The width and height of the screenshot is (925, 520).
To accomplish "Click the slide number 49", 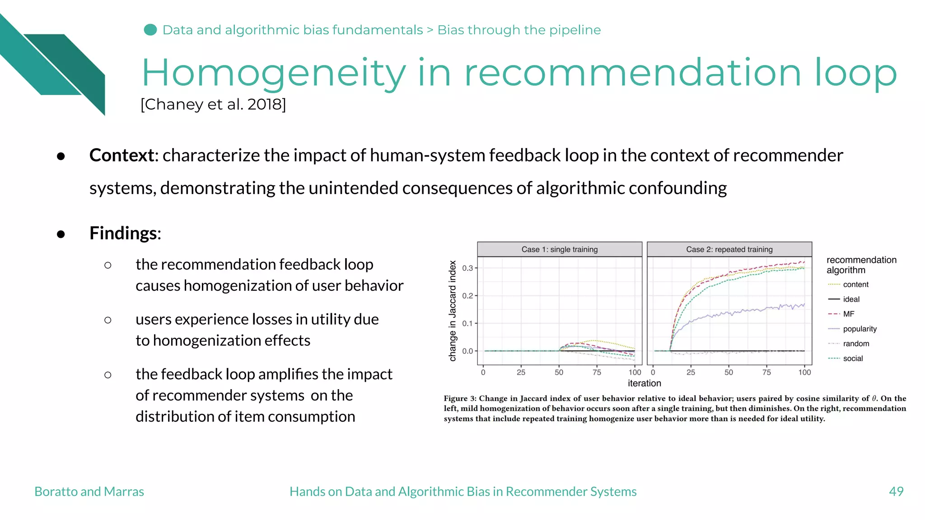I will click(896, 492).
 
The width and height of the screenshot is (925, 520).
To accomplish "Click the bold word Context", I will click(122, 155).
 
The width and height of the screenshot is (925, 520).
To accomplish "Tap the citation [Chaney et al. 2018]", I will click(213, 104).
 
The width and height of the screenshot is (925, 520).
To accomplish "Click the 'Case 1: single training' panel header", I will click(559, 250).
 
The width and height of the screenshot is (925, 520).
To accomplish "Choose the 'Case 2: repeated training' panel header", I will click(729, 250).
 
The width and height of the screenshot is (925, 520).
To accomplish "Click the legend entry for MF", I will click(848, 314).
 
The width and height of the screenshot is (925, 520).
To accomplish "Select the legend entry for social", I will click(852, 358).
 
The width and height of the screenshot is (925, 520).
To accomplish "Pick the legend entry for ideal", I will click(851, 299).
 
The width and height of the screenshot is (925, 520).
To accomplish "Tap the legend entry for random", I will click(855, 344).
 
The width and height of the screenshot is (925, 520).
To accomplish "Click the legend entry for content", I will click(855, 284).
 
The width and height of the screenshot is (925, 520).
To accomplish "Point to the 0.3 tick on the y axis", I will click(467, 268).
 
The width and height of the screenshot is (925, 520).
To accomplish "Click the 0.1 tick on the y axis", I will click(467, 324).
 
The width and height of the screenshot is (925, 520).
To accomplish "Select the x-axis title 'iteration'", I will click(644, 383).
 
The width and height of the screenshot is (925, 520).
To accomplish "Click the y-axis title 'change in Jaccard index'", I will click(453, 311).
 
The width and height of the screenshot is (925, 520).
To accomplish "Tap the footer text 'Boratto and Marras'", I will click(89, 492).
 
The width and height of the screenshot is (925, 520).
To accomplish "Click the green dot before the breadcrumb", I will click(150, 30).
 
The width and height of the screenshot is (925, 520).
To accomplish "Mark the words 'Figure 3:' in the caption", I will click(460, 399).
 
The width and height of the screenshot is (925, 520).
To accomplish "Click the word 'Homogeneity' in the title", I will click(274, 73).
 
